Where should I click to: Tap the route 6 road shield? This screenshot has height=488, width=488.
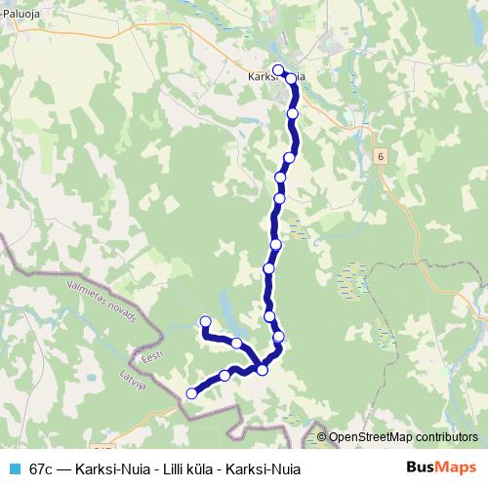pyautogui.click(x=379, y=156)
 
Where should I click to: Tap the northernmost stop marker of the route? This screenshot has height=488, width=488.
pyautogui.click(x=278, y=69)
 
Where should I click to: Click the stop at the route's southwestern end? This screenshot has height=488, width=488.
pyautogui.click(x=191, y=393)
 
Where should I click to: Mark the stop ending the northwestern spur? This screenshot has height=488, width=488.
pyautogui.click(x=205, y=321)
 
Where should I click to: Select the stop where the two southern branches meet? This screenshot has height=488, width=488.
pyautogui.click(x=262, y=369)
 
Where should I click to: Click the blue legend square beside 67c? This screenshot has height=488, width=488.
pyautogui.click(x=13, y=468)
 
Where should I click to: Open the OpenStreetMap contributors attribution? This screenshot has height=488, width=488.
pyautogui.click(x=403, y=436)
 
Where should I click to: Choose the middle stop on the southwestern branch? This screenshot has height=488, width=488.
pyautogui.click(x=225, y=375)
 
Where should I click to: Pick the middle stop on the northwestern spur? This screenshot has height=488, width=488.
pyautogui.click(x=236, y=343)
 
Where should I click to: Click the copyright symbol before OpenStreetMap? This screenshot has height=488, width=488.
pyautogui.click(x=322, y=436)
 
